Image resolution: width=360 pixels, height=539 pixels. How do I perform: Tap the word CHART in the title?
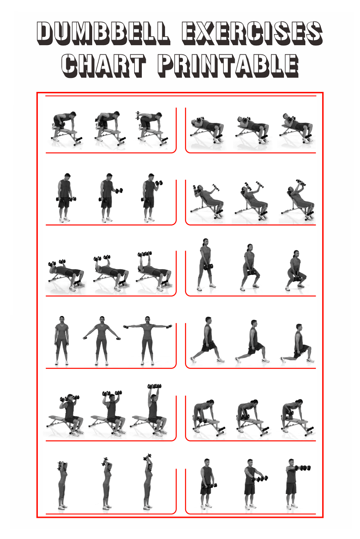pos(103,66)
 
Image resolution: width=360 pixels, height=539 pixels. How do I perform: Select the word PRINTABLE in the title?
pos(228,66)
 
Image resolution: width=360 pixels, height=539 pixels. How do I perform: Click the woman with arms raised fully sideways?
pos(147,341)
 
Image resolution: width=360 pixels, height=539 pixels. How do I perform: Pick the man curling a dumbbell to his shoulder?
pos(151,197)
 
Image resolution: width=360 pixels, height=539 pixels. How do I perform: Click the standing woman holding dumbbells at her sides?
pos(62,341)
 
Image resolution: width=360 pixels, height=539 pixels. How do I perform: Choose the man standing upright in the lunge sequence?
pos(207,340)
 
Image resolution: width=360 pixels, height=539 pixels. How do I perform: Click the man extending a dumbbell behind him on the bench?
pos(152,129)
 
